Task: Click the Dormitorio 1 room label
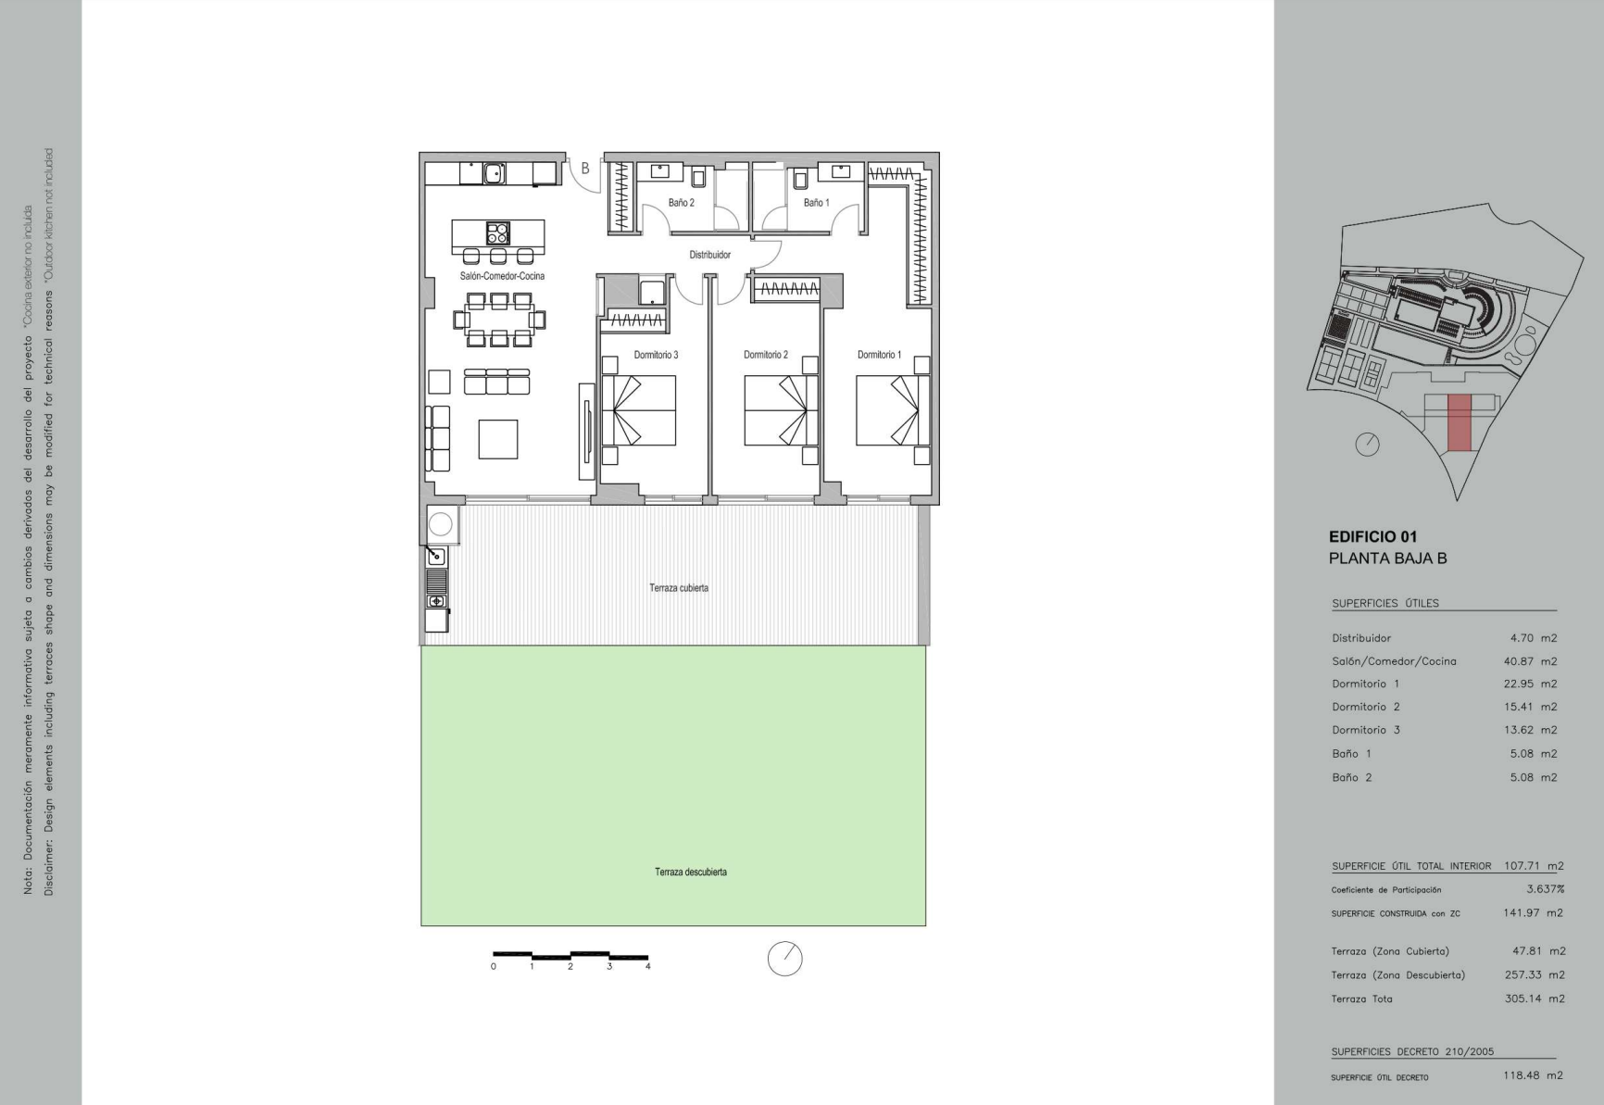(879, 355)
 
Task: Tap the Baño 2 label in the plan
(681, 203)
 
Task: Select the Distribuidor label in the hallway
(709, 255)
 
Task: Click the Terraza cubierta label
(679, 588)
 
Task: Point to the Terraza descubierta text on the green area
(691, 872)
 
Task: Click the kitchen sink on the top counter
(495, 172)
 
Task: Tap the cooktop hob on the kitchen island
(498, 232)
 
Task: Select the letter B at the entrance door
(585, 169)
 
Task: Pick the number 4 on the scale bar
(648, 966)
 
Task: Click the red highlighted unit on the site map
(1460, 423)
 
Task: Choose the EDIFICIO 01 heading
(1372, 536)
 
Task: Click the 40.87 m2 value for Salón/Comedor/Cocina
(1530, 661)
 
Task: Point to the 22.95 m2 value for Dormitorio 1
(1530, 684)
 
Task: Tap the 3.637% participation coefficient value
(1546, 889)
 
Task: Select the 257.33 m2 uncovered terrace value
(1535, 974)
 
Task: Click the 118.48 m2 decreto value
(1533, 1075)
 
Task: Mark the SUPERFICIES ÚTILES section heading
(1385, 603)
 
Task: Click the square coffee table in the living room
(498, 439)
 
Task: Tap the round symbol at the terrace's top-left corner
(441, 524)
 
